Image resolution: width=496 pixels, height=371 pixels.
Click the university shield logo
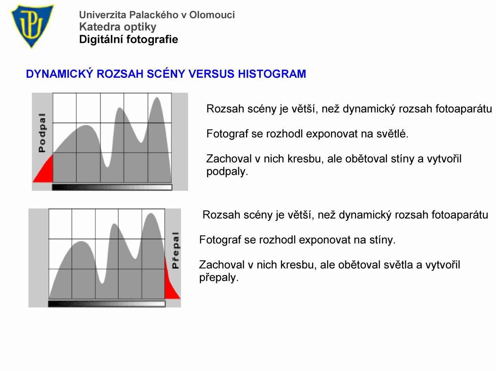point(32,26)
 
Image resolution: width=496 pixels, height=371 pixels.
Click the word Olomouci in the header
point(212,15)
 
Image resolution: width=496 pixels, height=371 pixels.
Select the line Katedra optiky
point(117,27)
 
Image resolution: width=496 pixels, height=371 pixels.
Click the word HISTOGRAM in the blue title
point(272,74)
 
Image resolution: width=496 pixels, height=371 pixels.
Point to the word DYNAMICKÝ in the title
point(59,74)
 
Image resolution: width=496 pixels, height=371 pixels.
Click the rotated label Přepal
point(176,250)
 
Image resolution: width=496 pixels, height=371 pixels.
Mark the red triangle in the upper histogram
point(46,171)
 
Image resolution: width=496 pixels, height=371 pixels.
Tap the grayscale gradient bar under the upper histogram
point(112,187)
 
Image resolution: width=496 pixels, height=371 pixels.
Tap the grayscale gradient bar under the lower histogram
point(107,304)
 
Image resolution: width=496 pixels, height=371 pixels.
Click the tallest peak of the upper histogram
point(157,98)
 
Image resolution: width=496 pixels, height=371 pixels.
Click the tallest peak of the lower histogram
point(151,214)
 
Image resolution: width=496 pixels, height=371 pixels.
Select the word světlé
point(393,134)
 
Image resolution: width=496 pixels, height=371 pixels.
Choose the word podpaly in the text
point(227,171)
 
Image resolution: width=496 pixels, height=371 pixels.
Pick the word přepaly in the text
point(219,277)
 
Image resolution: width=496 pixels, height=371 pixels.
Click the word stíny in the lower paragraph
point(382,240)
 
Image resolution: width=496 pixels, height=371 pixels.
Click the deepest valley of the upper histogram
point(107,167)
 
